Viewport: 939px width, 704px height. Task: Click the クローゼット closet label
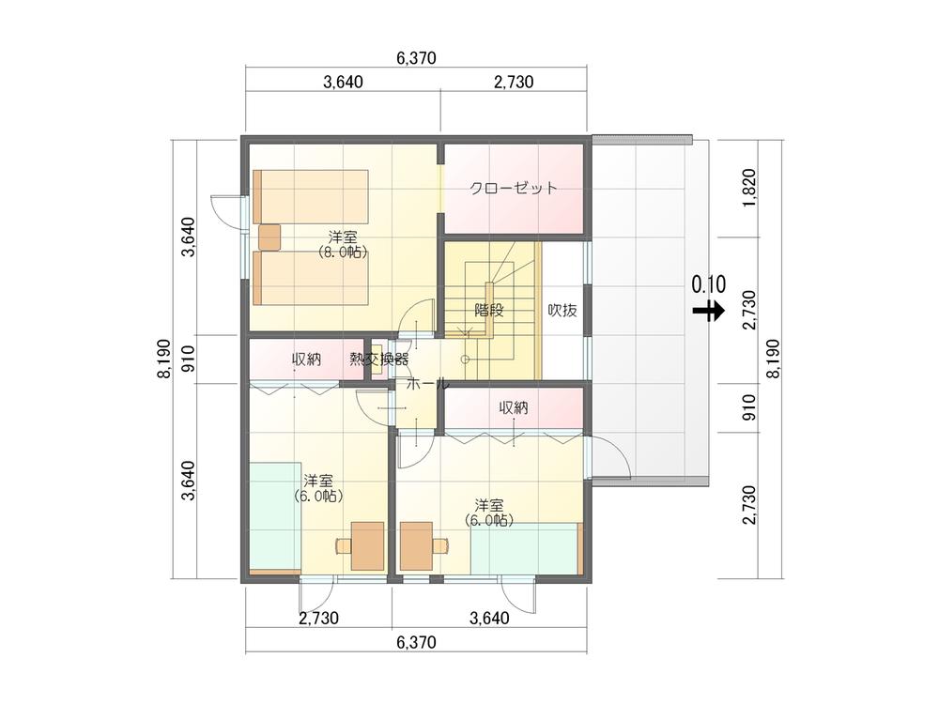[514, 188]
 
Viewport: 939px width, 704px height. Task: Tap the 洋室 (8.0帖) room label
[343, 244]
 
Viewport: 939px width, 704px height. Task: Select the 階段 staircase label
[488, 310]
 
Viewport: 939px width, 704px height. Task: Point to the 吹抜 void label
[562, 310]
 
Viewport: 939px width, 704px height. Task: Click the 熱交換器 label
[379, 360]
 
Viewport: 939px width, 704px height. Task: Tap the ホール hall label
[427, 384]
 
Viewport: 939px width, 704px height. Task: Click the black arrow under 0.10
[709, 311]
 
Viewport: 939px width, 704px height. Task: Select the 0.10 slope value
[709, 284]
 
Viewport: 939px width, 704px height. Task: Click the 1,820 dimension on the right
[749, 189]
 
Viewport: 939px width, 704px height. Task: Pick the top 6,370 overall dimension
[416, 58]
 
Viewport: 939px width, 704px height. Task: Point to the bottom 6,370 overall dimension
[416, 642]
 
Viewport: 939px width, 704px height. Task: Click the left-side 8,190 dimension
[163, 360]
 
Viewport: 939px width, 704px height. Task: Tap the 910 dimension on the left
[188, 360]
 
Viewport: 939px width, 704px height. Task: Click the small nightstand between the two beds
[269, 237]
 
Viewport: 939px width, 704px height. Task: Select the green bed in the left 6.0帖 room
[275, 518]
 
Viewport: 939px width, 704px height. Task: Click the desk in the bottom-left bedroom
[367, 545]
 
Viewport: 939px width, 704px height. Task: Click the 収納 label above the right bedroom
[514, 408]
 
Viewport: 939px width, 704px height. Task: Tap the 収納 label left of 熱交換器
[307, 360]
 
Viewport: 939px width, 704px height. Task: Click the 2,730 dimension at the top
[514, 82]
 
